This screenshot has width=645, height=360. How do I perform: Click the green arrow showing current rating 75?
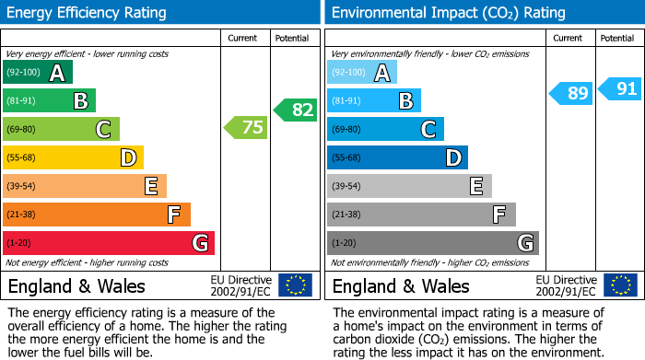tap(246, 128)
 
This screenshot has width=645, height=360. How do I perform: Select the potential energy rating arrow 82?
tap(295, 110)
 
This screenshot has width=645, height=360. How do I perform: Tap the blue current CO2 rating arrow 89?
tap(571, 93)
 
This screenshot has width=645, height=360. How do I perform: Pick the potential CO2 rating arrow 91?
tap(619, 89)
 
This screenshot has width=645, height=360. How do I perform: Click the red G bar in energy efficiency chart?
tap(109, 243)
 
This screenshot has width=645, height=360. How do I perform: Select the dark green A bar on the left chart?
tap(38, 73)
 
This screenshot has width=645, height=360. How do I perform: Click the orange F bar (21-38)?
tap(97, 215)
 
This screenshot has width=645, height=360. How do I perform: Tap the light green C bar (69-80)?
tap(62, 130)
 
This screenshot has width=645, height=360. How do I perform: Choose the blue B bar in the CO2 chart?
tap(374, 100)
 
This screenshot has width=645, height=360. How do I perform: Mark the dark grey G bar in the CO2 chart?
tap(432, 243)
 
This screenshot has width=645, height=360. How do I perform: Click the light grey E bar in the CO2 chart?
tap(409, 186)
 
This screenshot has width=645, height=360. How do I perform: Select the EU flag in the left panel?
tap(295, 285)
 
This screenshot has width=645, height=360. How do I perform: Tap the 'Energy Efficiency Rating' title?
tap(88, 13)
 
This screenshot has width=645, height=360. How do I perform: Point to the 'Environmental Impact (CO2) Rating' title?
tap(448, 13)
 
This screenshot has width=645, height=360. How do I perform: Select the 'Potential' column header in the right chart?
tap(617, 38)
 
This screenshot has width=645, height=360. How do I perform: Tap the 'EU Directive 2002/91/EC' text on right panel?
tap(566, 285)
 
